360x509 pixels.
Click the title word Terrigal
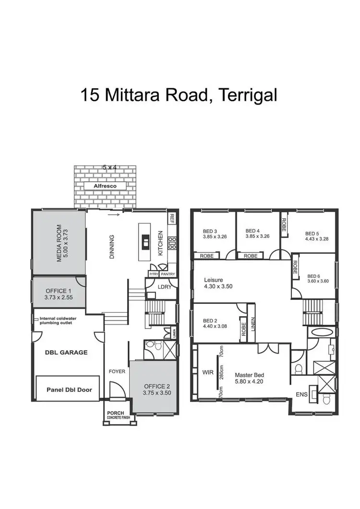click(247, 95)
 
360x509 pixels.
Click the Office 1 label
click(59, 291)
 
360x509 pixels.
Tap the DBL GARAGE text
click(67, 352)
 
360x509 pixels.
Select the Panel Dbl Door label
click(69, 390)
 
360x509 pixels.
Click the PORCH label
click(116, 413)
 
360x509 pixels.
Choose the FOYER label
click(117, 371)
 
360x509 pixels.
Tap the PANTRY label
click(168, 273)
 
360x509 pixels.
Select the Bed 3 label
click(210, 231)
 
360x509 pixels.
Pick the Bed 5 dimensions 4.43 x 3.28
click(316, 238)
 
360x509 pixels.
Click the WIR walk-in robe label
click(207, 372)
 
